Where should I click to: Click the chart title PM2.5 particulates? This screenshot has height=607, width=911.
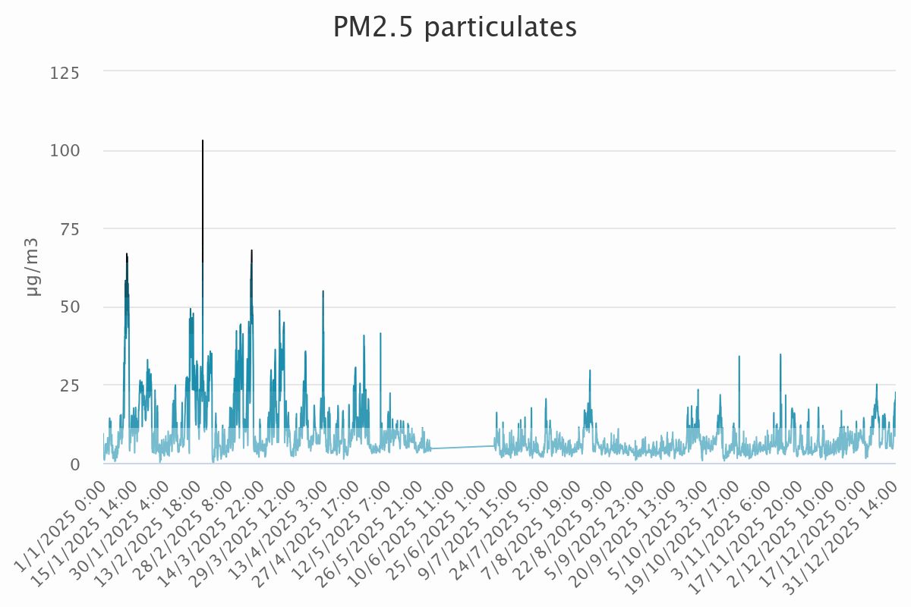[455, 27]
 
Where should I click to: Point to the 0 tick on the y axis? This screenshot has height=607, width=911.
[76, 464]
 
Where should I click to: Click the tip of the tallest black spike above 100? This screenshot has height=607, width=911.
[203, 141]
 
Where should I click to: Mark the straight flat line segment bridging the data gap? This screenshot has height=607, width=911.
[463, 448]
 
